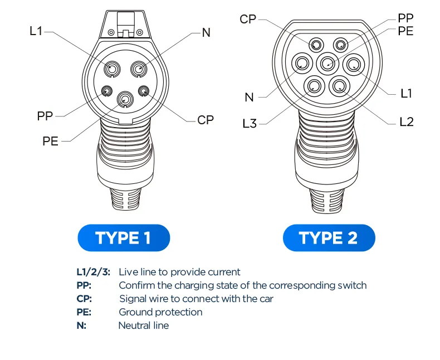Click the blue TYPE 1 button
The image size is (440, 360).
coord(123,238)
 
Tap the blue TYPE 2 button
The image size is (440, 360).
coord(329,238)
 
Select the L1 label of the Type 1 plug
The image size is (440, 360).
coord(36,31)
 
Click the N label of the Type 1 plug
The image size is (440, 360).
coord(206,32)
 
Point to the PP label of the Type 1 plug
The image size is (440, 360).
coord(45,116)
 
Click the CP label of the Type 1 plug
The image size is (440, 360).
coord(206,120)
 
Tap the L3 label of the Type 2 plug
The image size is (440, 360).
coord(250,123)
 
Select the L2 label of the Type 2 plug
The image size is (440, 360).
coord(407,121)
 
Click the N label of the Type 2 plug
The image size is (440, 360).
coord(249,98)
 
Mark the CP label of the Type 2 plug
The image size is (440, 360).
coord(248,20)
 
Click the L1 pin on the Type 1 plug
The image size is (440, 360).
coord(112,68)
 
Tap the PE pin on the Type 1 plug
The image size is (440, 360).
coord(125,100)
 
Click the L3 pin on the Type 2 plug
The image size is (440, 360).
coord(314,85)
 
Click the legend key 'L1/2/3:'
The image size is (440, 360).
coord(93,272)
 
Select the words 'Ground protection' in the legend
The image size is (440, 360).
coord(160,312)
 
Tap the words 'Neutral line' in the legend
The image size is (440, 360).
coord(143,325)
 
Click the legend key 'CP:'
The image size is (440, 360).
coord(84,299)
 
